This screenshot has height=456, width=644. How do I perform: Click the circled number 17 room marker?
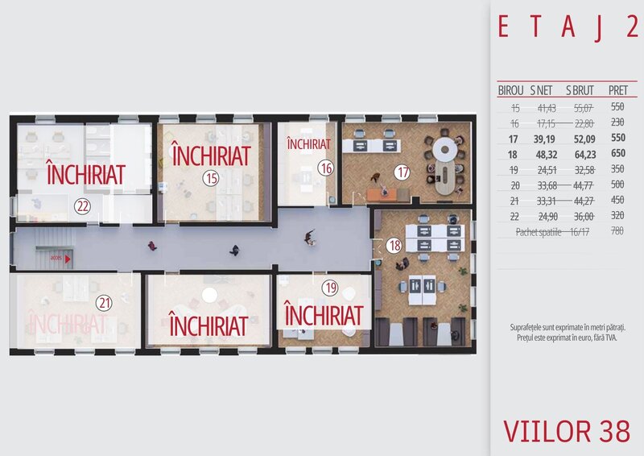402,171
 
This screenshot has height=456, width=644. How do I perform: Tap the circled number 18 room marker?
394,246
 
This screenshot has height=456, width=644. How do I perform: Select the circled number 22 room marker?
82,205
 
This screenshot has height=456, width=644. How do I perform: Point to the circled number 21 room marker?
103,303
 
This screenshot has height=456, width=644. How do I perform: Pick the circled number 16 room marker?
325,169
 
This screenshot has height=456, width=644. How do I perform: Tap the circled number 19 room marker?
330,287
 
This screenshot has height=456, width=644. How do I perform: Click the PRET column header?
618,89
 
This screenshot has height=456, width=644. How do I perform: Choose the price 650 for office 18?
618,153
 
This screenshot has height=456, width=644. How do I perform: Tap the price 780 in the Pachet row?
618,231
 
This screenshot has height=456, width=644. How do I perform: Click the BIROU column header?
511,89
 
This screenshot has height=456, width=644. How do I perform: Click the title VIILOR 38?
567,430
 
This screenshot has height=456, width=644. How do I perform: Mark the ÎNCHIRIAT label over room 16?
308,145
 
